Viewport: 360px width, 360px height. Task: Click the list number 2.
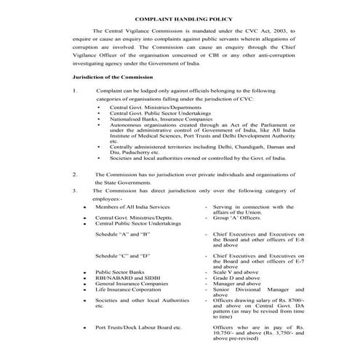coord(76,175)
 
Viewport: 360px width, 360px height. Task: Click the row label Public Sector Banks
coord(121,271)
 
